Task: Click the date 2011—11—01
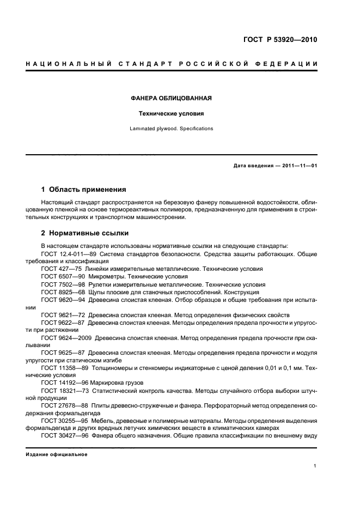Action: coord(299,166)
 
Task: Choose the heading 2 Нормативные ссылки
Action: coord(85,233)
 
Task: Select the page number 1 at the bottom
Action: coord(315,466)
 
